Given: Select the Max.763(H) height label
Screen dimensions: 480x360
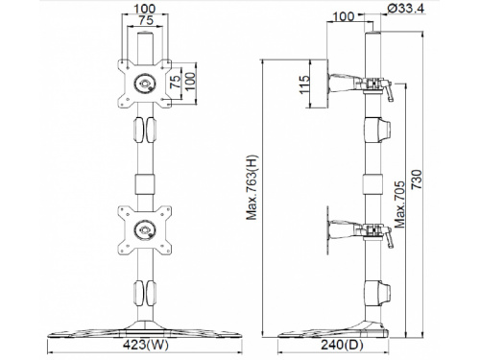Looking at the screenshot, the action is click(252, 187).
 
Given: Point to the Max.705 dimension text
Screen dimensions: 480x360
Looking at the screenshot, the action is click(399, 204).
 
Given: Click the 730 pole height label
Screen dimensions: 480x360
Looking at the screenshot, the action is click(417, 180).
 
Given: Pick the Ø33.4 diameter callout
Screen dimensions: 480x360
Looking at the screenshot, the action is click(405, 9).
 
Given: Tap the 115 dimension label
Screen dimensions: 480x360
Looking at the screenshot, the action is click(304, 84).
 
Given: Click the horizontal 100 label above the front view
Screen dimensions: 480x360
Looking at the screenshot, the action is click(145, 9).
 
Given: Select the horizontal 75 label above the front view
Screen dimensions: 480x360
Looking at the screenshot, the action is click(146, 20).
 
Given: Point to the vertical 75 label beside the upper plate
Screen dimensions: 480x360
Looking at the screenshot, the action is click(176, 82).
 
